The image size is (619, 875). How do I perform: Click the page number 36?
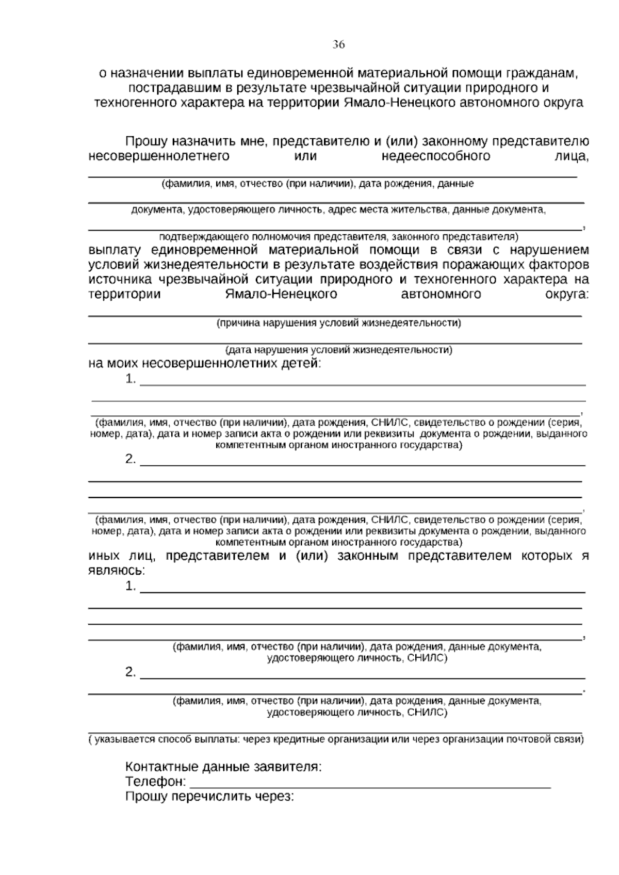point(338,44)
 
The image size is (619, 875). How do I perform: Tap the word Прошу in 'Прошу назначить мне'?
point(146,142)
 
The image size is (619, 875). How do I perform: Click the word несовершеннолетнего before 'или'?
point(159,156)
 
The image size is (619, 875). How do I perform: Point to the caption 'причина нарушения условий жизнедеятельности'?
point(338,323)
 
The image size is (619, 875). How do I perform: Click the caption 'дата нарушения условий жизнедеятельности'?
point(338,350)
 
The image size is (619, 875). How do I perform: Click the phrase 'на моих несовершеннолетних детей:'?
point(205,364)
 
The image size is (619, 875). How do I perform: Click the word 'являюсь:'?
point(117,571)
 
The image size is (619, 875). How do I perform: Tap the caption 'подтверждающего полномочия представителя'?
point(338,237)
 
